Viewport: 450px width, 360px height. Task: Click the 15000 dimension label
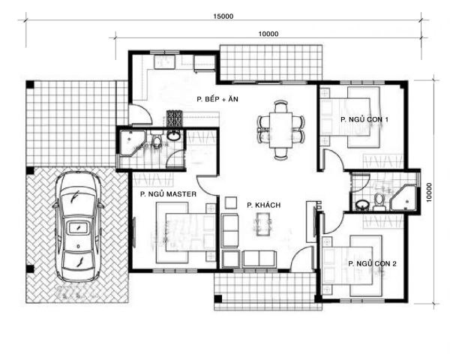pyautogui.click(x=223, y=16)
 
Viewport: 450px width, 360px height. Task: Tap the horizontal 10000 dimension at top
pyautogui.click(x=268, y=34)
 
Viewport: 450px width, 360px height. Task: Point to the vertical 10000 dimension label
pyautogui.click(x=429, y=192)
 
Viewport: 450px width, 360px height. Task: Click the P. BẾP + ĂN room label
pyautogui.click(x=217, y=99)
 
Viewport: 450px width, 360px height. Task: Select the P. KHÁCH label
pyautogui.click(x=263, y=205)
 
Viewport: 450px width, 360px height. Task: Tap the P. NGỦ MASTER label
pyautogui.click(x=168, y=194)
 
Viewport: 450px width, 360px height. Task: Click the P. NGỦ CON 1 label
pyautogui.click(x=364, y=119)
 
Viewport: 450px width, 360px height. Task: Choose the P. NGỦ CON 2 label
pyautogui.click(x=372, y=263)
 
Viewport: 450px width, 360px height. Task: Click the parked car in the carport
pyautogui.click(x=78, y=226)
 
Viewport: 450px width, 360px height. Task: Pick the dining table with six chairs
pyautogui.click(x=280, y=130)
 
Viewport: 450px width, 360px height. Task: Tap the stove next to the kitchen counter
pyautogui.click(x=175, y=118)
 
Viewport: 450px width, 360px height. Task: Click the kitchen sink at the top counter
pyautogui.click(x=164, y=62)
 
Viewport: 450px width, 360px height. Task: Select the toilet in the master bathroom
pyautogui.click(x=157, y=139)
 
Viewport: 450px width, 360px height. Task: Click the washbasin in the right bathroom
pyautogui.click(x=362, y=205)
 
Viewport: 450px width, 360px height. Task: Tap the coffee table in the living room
pyautogui.click(x=264, y=224)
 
